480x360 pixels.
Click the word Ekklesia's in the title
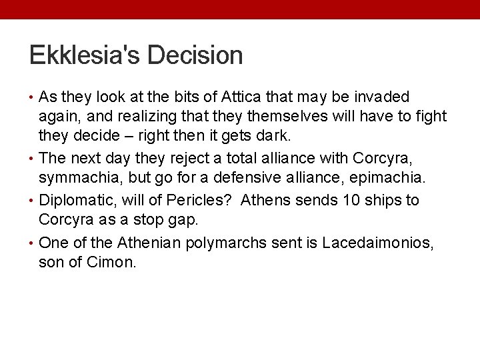84,55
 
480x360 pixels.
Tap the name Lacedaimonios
377,243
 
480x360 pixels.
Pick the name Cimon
111,262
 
